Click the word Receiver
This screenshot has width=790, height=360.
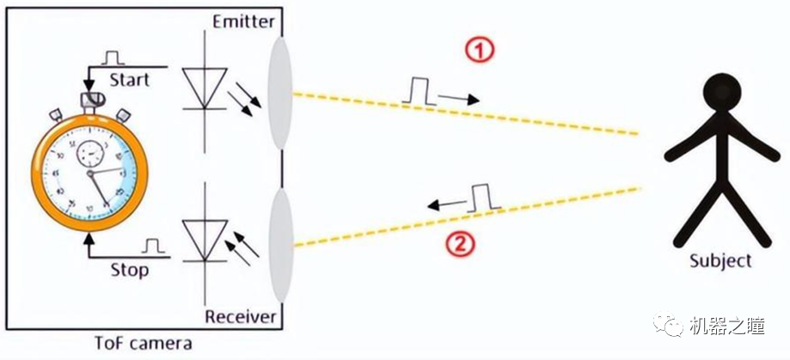pyautogui.click(x=242, y=317)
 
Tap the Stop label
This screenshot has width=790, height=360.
pyautogui.click(x=129, y=270)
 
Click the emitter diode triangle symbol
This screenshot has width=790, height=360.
pyautogui.click(x=205, y=88)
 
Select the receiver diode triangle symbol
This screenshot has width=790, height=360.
pyautogui.click(x=205, y=238)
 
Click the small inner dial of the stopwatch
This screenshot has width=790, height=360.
pyautogui.click(x=89, y=156)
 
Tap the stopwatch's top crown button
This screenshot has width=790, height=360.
pyautogui.click(x=89, y=101)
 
